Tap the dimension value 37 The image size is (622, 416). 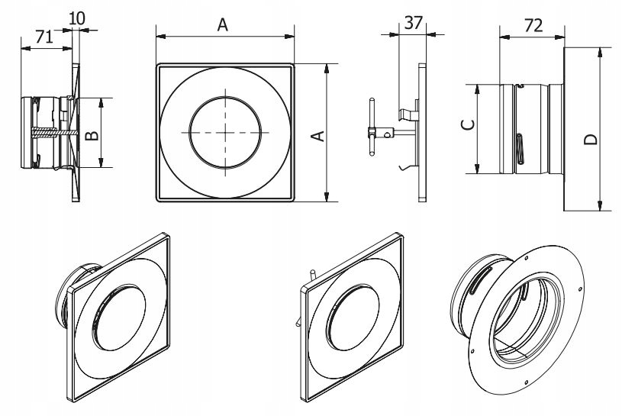click(413, 23)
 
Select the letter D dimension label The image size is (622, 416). click(590, 139)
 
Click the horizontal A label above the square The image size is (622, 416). click(222, 25)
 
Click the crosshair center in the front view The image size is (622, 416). click(225, 132)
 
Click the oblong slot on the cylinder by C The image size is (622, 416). click(519, 147)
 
